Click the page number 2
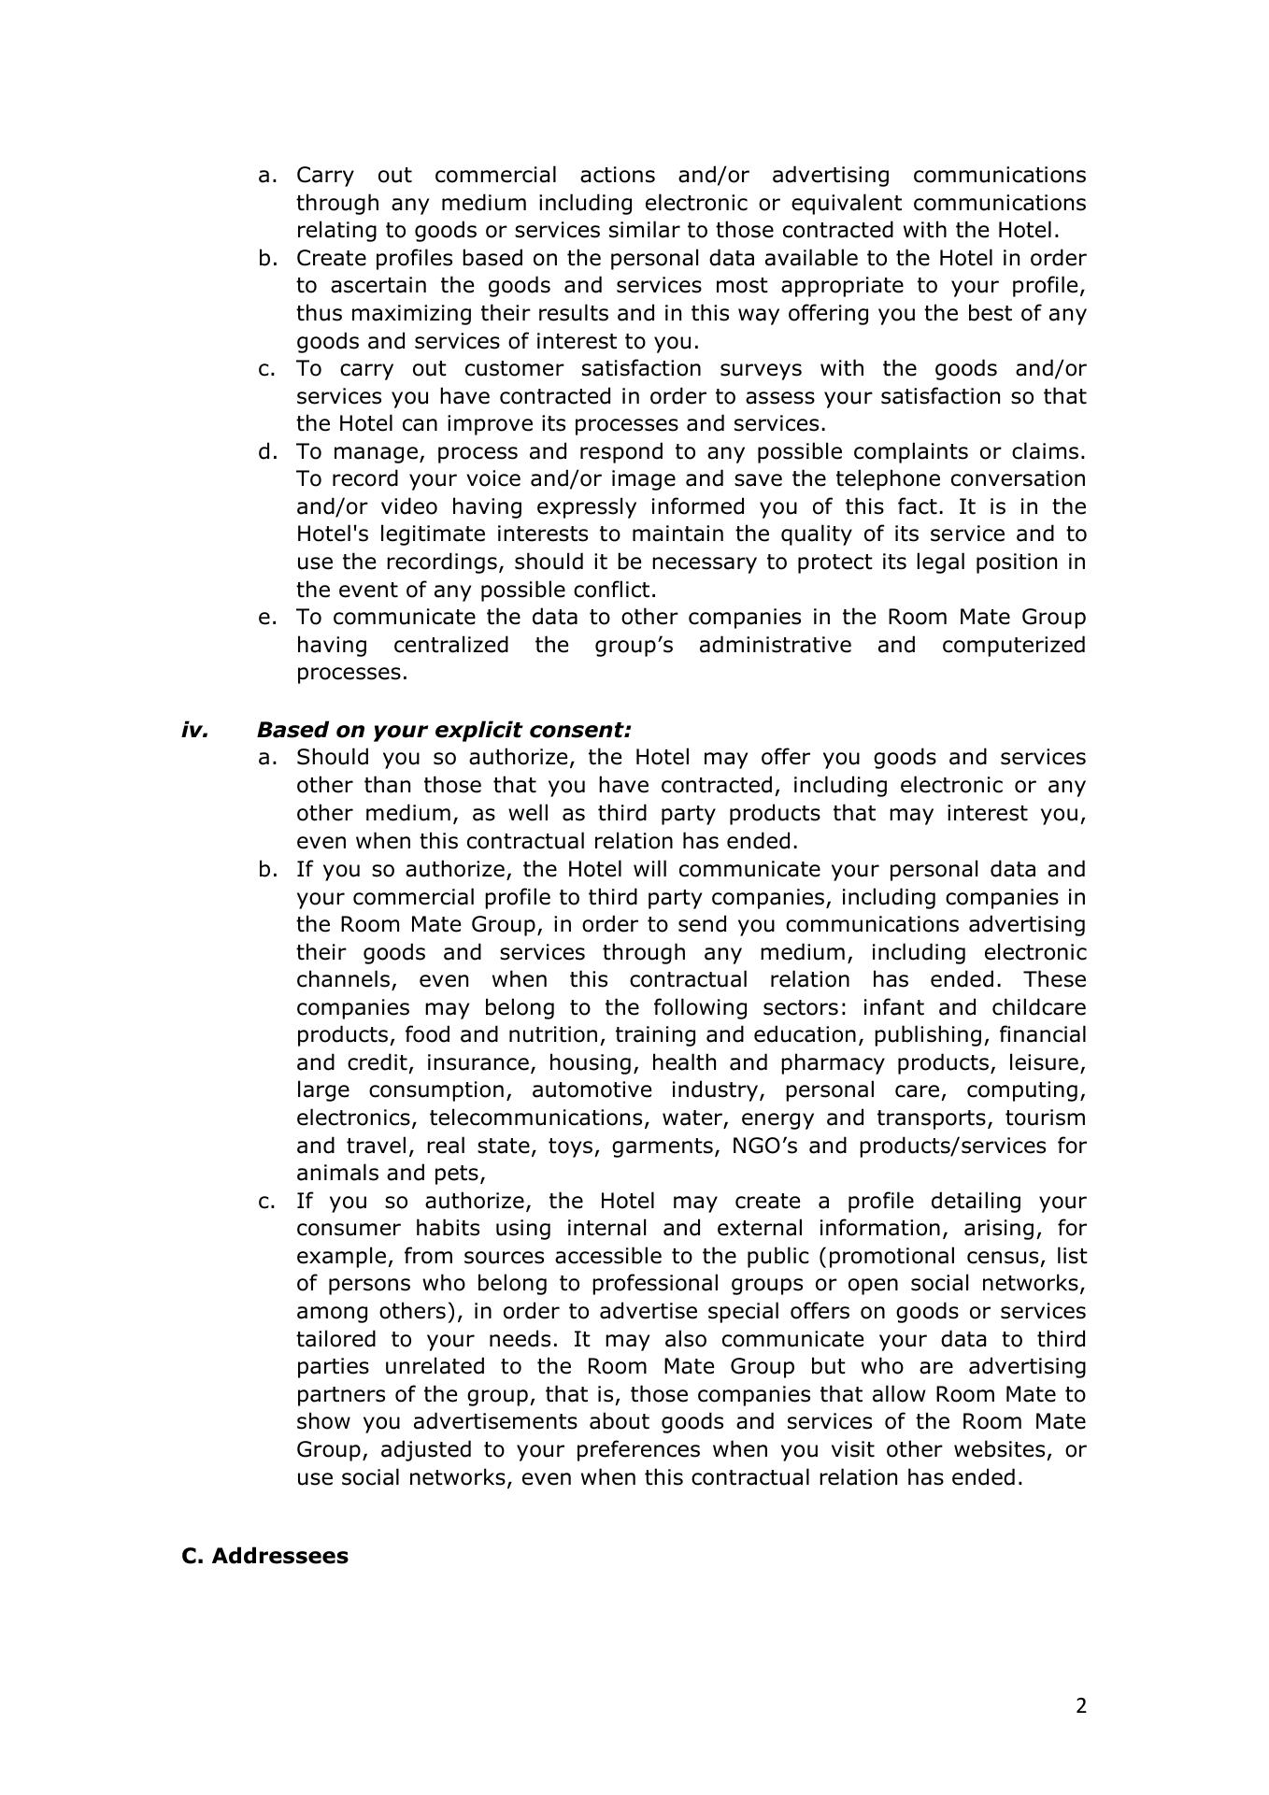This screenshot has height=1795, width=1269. click(x=1081, y=1706)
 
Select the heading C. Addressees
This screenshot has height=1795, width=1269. click(x=264, y=1556)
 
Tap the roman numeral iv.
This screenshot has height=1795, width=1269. click(x=194, y=730)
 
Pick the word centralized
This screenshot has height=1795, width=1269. click(x=450, y=645)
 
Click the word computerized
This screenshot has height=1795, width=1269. click(x=1013, y=645)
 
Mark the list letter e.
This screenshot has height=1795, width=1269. click(x=268, y=618)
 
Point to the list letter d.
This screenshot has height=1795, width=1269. click(x=268, y=451)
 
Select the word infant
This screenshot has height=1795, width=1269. click(x=891, y=1007)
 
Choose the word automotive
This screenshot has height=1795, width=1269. click(x=591, y=1090)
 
